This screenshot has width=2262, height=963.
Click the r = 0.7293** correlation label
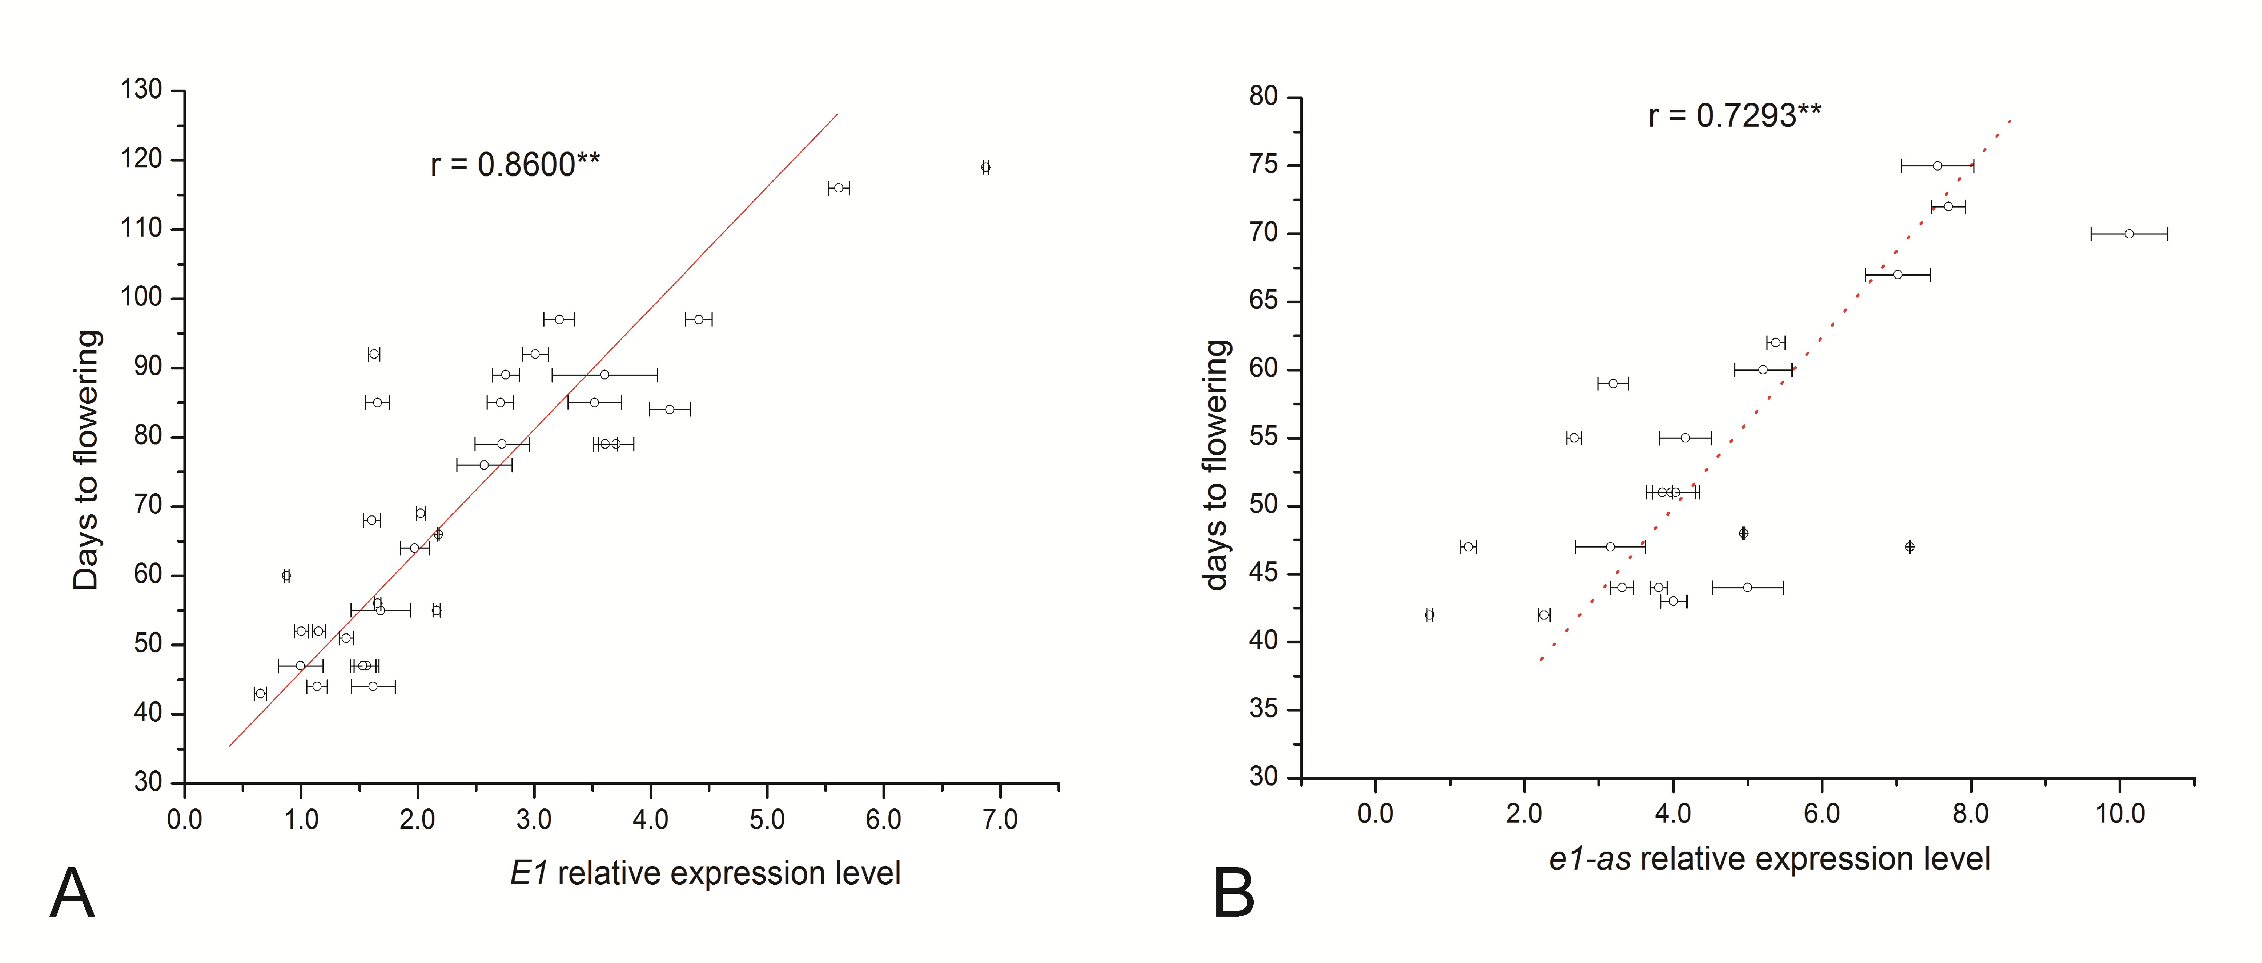click(1734, 115)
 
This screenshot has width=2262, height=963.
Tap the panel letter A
click(72, 893)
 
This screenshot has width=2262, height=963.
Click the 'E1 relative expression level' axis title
click(705, 873)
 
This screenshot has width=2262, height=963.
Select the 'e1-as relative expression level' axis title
click(1769, 859)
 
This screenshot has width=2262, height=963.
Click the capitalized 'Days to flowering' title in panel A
click(87, 459)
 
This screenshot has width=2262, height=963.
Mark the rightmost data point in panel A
click(985, 167)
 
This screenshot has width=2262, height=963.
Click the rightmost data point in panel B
click(2129, 234)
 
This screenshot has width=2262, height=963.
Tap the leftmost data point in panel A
click(260, 693)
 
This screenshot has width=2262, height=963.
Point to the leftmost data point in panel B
click(1430, 615)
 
